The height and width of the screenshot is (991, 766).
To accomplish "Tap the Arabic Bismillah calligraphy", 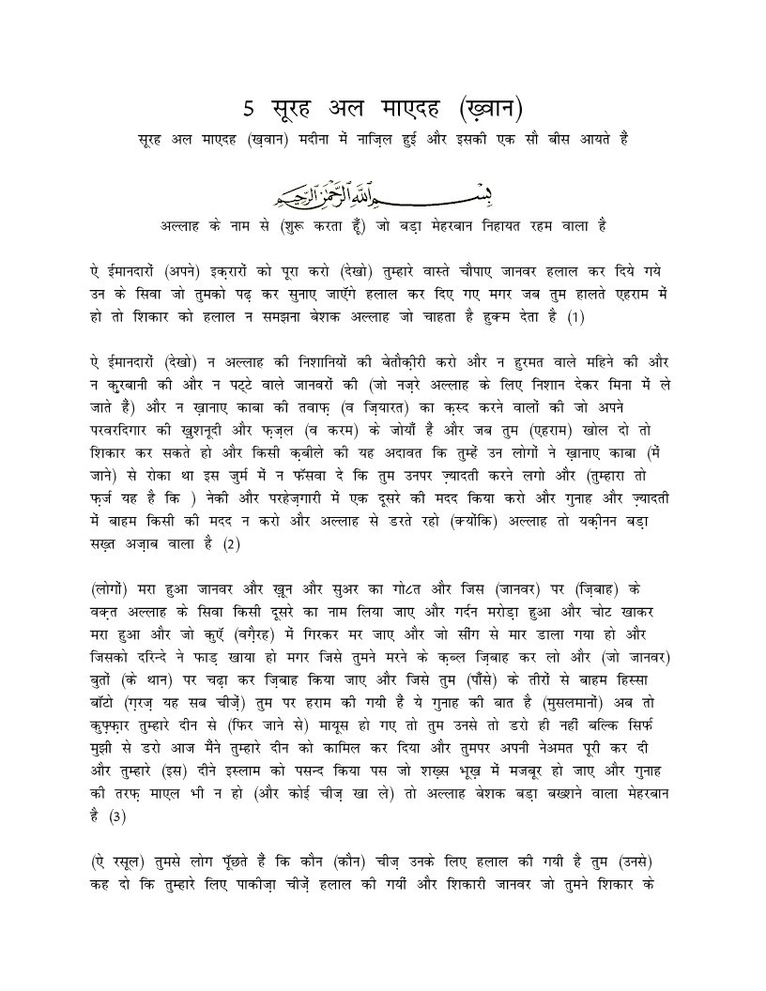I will click(x=383, y=194).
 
